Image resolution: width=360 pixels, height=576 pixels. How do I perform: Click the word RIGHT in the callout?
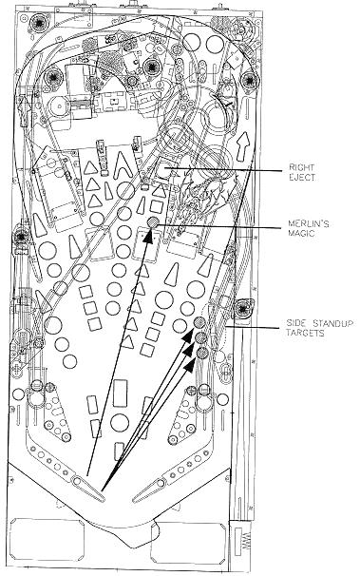pos(301,167)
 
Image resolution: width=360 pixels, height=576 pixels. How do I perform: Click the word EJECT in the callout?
pos(302,177)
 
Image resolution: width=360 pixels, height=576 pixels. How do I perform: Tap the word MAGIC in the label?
pos(301,233)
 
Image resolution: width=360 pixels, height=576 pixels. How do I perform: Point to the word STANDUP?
pos(333,323)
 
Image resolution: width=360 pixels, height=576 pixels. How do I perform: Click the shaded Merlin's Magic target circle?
pos(152,221)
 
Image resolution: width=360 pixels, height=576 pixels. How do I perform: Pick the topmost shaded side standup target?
pos(199,322)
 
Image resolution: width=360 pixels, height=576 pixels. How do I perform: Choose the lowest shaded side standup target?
pos(201,353)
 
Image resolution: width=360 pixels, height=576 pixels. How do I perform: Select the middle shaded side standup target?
pos(200,337)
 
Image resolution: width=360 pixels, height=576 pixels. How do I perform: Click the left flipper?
pos(88,488)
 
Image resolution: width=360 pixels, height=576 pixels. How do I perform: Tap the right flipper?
pos(150,489)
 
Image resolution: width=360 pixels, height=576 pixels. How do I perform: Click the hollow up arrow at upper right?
pos(243,146)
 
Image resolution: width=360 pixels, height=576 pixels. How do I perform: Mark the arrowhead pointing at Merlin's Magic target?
pos(148,236)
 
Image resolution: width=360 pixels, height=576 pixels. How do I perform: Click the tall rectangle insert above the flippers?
pos(120,394)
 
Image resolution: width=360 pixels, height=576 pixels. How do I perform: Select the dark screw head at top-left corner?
pos(38,24)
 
